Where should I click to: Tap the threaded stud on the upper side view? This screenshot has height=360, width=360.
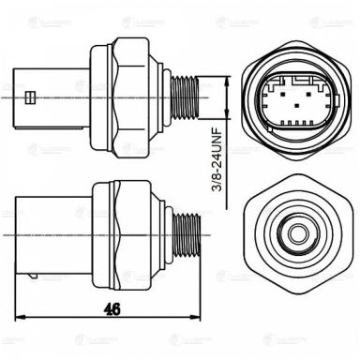point(188,94)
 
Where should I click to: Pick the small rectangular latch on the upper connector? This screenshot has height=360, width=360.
point(33,96)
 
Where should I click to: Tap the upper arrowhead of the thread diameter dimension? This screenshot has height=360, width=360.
point(232,81)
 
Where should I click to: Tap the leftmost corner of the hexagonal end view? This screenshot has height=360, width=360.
point(247,230)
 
